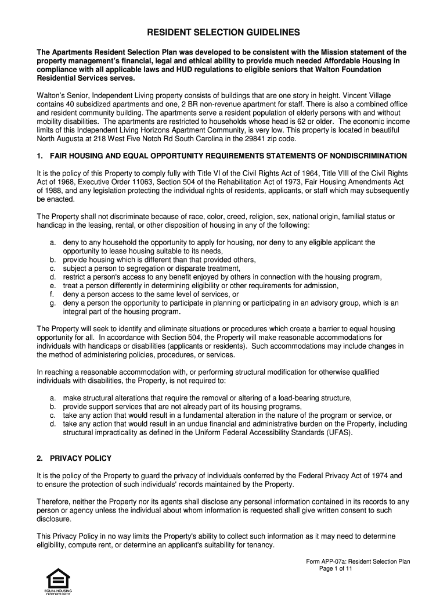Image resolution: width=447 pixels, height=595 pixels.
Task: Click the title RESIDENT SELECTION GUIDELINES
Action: point(223,33)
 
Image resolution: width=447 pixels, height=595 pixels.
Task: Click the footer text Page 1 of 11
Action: point(336,569)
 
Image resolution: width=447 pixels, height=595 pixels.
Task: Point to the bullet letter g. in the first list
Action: point(53,303)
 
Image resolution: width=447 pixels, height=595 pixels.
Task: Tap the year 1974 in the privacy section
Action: point(371,476)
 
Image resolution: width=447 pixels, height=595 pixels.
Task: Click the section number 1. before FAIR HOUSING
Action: point(39,156)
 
